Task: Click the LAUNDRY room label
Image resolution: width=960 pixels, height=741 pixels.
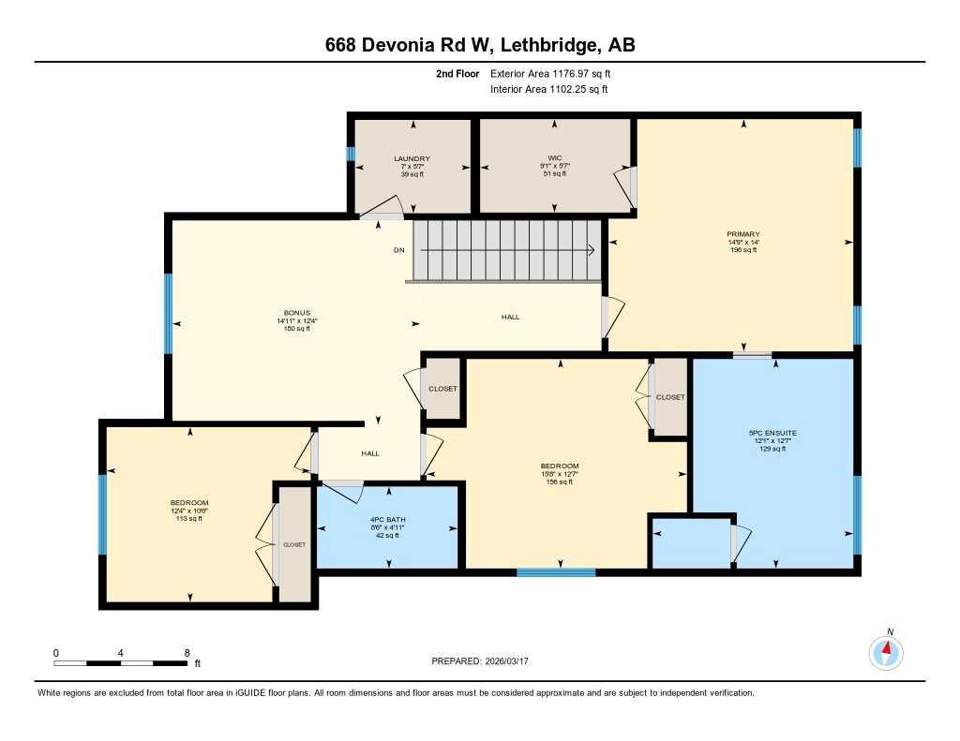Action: click(412, 158)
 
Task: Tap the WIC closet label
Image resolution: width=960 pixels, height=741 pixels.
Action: click(555, 158)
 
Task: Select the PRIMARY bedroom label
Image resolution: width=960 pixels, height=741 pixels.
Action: click(743, 234)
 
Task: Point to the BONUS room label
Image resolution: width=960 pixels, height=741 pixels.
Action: click(297, 313)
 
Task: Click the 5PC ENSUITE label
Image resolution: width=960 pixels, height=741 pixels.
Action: click(772, 433)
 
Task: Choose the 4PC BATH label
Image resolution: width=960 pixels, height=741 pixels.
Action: click(387, 520)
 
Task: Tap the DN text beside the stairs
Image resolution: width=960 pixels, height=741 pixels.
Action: click(399, 250)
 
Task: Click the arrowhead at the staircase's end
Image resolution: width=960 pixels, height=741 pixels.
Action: click(592, 250)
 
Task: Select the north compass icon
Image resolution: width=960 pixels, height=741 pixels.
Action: click(886, 652)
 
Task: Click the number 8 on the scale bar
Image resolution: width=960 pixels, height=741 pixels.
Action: click(187, 653)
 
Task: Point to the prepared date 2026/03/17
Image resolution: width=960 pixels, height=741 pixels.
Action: click(506, 660)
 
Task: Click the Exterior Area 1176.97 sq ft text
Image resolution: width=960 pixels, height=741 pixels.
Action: click(550, 73)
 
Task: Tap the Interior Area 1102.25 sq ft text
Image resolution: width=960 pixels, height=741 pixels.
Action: click(549, 89)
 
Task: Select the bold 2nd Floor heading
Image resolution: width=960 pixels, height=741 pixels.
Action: click(457, 73)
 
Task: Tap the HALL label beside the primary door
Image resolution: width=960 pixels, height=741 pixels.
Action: click(511, 317)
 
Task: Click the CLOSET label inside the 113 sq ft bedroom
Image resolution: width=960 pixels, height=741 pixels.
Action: click(293, 544)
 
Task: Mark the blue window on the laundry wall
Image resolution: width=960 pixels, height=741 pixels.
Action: click(351, 154)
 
